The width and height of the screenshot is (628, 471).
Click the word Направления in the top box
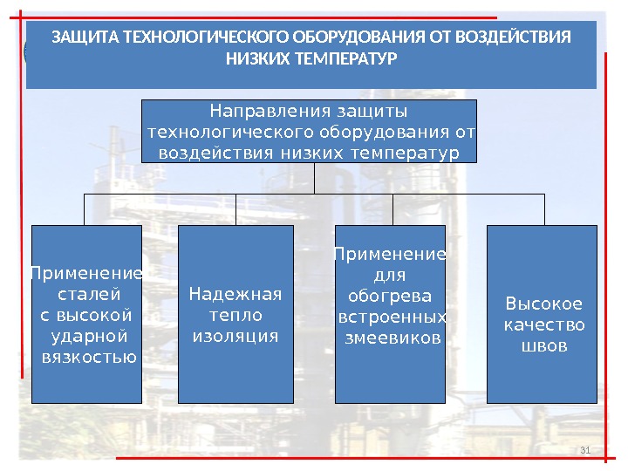click(259, 112)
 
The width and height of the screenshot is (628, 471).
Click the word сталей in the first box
click(87, 293)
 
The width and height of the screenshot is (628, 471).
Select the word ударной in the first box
click(87, 336)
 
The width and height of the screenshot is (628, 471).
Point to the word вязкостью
click(87, 357)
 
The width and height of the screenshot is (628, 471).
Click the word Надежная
click(235, 294)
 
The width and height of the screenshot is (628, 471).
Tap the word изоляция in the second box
click(235, 336)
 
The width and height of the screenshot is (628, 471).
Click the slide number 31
click(585, 450)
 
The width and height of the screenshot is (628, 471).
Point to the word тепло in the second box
click(235, 315)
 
